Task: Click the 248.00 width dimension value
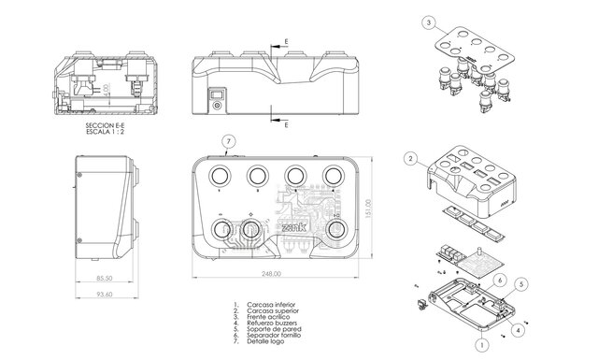tap(271, 273)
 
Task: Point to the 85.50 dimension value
tap(104, 279)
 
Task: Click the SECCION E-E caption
tap(106, 123)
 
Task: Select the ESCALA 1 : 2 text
tap(106, 131)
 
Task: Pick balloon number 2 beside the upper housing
tap(410, 159)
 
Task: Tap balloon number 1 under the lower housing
tap(481, 344)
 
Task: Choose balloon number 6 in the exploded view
tap(500, 280)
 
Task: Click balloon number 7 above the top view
tap(227, 141)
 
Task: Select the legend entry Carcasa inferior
tap(271, 304)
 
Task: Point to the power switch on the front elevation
tap(218, 92)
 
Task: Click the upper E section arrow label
tap(286, 42)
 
